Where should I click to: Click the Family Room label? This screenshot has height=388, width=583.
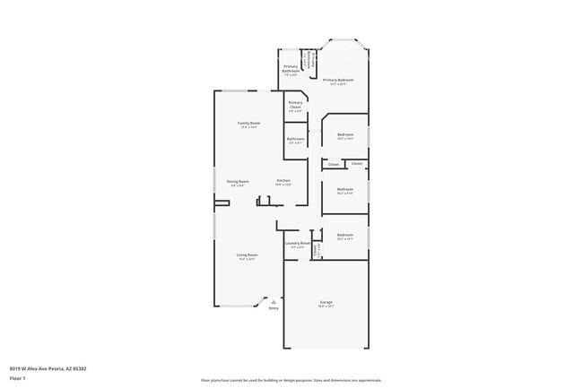[x=248, y=123]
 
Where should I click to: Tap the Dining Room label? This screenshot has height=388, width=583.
[x=238, y=181]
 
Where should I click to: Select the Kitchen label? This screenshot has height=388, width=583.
[x=283, y=181]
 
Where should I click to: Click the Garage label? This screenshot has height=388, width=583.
[x=326, y=302]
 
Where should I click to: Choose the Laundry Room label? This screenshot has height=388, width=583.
[x=298, y=243]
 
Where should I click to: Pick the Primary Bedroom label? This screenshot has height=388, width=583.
[x=338, y=80]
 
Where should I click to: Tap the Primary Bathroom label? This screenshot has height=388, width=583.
[x=291, y=68]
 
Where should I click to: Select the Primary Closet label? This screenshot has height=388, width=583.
[x=295, y=104]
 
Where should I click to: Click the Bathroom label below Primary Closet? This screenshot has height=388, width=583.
[x=296, y=139]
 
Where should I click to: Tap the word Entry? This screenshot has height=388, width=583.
[x=274, y=308]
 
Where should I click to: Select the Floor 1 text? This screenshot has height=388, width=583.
[x=18, y=378]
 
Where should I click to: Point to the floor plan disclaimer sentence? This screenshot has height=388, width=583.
[x=291, y=381]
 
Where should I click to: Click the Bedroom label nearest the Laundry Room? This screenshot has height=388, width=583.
[x=345, y=237]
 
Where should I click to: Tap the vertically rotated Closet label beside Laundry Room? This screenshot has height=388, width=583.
[x=317, y=250]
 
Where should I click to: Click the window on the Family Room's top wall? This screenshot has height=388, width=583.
[x=237, y=91]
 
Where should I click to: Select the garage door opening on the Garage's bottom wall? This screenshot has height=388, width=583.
[x=326, y=349]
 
